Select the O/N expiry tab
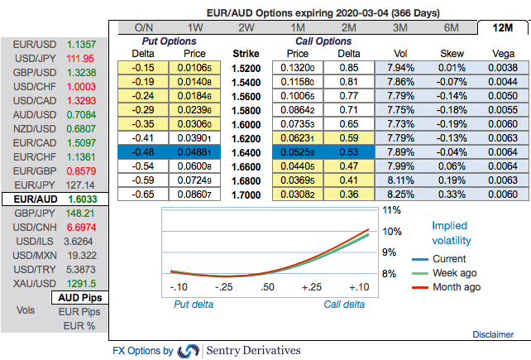coord(143,27)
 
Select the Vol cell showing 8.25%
coord(395,194)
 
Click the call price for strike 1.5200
coord(298,67)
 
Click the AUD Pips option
coord(79,297)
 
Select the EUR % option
coord(79,325)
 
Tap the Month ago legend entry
coord(451,287)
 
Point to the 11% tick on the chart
coord(390,210)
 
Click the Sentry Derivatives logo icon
coord(189,351)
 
